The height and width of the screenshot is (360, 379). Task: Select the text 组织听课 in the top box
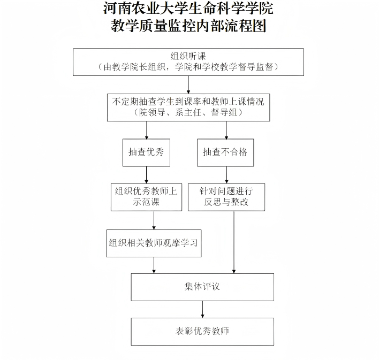point(188,56)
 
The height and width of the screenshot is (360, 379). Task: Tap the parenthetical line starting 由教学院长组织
point(188,67)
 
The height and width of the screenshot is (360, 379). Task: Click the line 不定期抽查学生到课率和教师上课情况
point(188,101)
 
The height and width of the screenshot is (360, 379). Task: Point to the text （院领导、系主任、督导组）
point(188,112)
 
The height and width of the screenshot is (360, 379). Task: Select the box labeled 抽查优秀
point(146,152)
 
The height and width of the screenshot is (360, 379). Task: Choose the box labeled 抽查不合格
point(225,152)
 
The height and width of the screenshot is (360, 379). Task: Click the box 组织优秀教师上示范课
point(146,197)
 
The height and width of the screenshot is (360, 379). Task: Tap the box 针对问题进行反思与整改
point(226,197)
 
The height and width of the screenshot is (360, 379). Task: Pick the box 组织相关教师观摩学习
point(154,243)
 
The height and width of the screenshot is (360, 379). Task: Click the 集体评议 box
point(202,287)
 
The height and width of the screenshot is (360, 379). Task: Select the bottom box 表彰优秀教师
point(202,331)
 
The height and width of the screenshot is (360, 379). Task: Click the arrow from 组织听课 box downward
point(188,85)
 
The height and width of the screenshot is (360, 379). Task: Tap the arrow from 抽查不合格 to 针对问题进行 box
point(226,174)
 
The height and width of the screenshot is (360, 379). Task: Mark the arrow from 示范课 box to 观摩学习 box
point(154,220)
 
